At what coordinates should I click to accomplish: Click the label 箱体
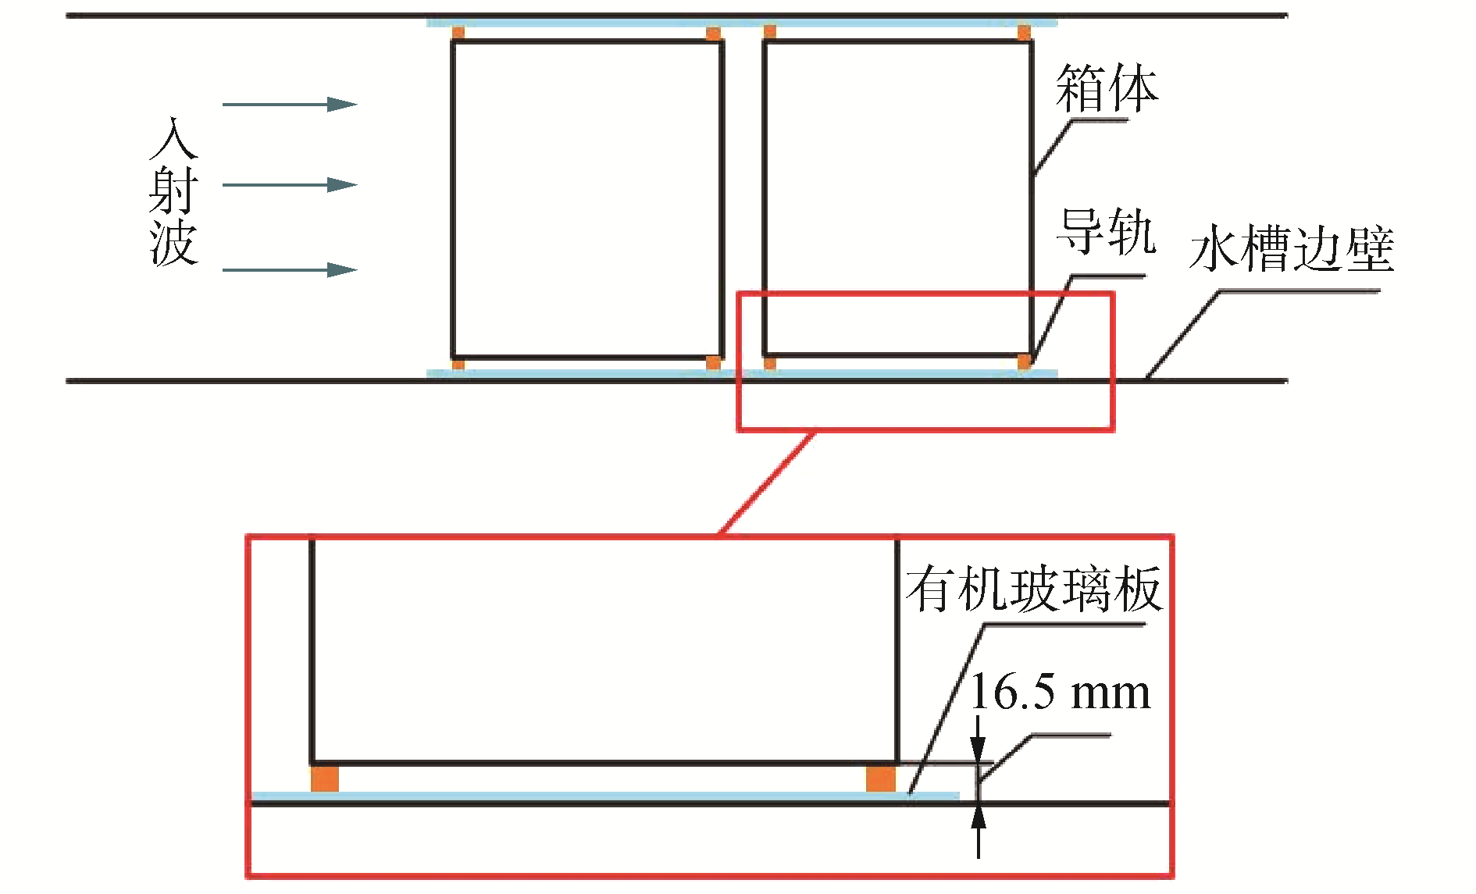tap(1107, 88)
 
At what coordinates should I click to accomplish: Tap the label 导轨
tap(1105, 232)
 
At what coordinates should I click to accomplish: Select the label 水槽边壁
tap(1292, 250)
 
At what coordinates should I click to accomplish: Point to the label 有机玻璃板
tap(1034, 589)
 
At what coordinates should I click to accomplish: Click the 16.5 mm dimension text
tap(1060, 693)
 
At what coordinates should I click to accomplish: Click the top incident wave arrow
tap(290, 104)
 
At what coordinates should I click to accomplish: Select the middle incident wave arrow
tap(290, 185)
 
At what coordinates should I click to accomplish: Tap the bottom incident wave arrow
tap(290, 270)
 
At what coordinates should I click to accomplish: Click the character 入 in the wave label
tap(173, 139)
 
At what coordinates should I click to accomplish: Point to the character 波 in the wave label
tap(173, 243)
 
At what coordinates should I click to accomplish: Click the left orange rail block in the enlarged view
tap(325, 778)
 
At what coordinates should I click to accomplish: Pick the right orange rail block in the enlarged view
tap(881, 778)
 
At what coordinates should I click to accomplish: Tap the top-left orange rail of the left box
tap(458, 33)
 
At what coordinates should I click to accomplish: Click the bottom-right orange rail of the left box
tap(713, 362)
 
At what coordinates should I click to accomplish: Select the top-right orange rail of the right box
tap(1024, 33)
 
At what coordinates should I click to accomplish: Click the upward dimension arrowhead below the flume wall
tap(979, 818)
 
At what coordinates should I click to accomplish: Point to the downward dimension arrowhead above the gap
tap(979, 748)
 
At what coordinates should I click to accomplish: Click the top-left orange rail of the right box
tap(770, 32)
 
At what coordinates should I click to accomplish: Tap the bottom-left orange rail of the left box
tap(458, 363)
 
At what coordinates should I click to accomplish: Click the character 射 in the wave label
tap(173, 190)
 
